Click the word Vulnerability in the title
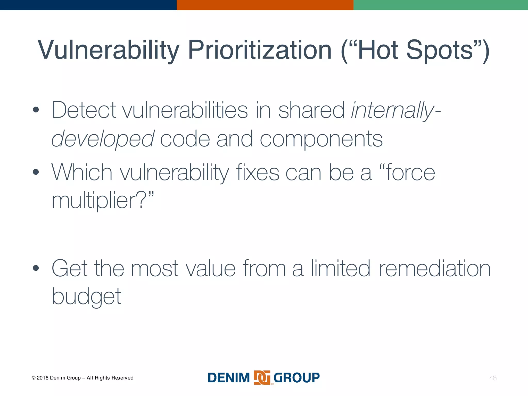tap(108, 50)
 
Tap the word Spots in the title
tap(439, 50)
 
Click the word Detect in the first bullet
tap(84, 110)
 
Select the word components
tap(321, 139)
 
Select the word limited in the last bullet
tap(340, 269)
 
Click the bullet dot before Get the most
tap(36, 268)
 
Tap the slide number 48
tap(493, 378)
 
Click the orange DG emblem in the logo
tap(262, 378)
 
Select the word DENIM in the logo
tap(229, 378)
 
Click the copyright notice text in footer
tap(82, 378)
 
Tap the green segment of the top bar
tap(441, 5)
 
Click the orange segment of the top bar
tap(265, 5)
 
